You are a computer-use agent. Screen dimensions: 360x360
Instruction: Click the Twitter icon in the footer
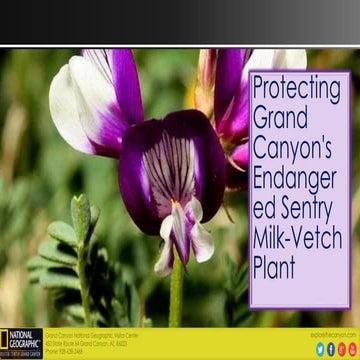[320, 348]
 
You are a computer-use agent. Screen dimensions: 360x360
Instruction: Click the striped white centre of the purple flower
[172, 168]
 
